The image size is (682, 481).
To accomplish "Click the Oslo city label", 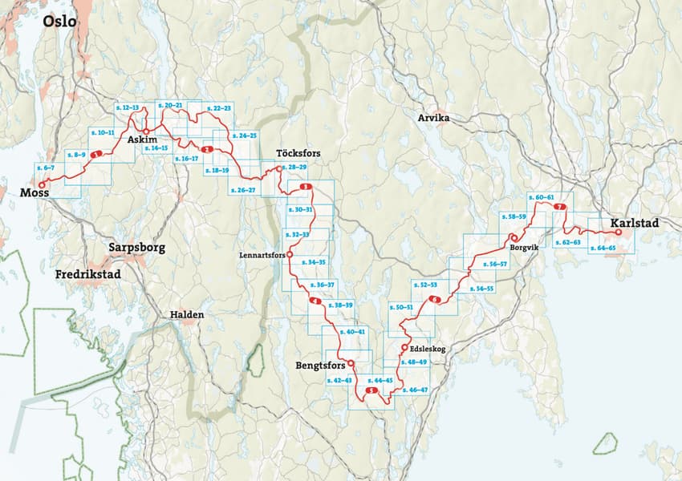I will pos(60,21).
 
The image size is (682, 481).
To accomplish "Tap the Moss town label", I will pos(35,193).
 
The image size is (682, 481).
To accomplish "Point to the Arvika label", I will pos(435,119).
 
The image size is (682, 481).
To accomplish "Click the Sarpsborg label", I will pos(136,248).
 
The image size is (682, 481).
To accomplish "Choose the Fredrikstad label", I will pos(93,274).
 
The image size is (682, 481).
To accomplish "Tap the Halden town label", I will pos(186,315).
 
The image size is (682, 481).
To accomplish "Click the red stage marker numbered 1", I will pos(96,154).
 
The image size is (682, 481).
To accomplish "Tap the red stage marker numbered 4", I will pos(315,301).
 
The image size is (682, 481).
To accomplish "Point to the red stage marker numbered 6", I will pos(435,300).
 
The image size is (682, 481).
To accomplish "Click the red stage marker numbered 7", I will pos(559,208).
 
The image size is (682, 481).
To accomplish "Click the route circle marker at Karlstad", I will pos(618,232).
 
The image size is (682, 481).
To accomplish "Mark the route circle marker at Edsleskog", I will pos(403,347).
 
